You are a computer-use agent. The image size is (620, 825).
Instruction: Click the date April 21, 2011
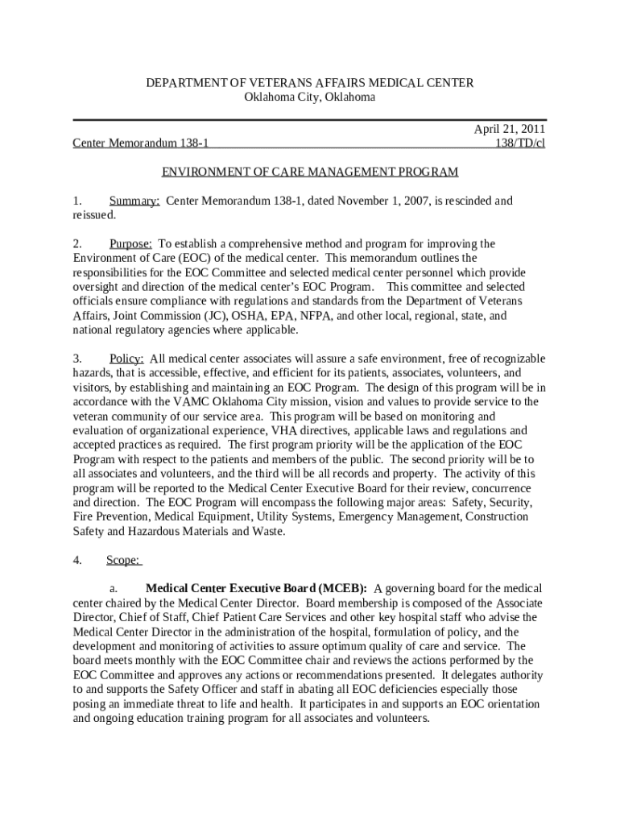click(509, 129)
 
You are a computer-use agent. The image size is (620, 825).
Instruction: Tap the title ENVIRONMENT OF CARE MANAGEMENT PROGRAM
click(310, 172)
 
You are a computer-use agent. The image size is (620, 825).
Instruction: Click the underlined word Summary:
click(134, 201)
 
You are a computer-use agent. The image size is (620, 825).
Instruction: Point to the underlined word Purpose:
click(130, 243)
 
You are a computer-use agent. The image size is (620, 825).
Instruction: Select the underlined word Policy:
click(126, 359)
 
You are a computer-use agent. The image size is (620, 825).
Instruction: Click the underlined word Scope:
click(124, 560)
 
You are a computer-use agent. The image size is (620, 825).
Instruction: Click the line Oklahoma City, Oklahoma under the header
click(310, 97)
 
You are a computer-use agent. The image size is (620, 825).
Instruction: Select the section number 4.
click(77, 560)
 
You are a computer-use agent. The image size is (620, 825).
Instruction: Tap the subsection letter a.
click(114, 588)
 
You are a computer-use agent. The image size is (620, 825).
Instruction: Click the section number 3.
click(77, 359)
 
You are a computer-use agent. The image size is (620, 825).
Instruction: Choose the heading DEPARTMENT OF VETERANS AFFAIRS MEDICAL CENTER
click(310, 83)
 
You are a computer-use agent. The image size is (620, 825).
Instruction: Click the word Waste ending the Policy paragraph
click(263, 531)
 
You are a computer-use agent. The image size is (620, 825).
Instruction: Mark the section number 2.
click(77, 243)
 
